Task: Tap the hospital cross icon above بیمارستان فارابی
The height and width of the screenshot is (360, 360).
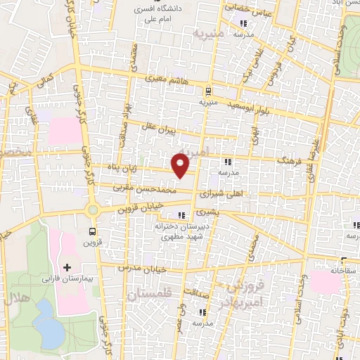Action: click(67, 267)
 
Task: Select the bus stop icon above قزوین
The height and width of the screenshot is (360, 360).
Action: click(93, 230)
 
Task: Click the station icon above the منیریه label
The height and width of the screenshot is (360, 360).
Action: click(208, 91)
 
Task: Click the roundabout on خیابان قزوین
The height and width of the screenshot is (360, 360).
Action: click(92, 210)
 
